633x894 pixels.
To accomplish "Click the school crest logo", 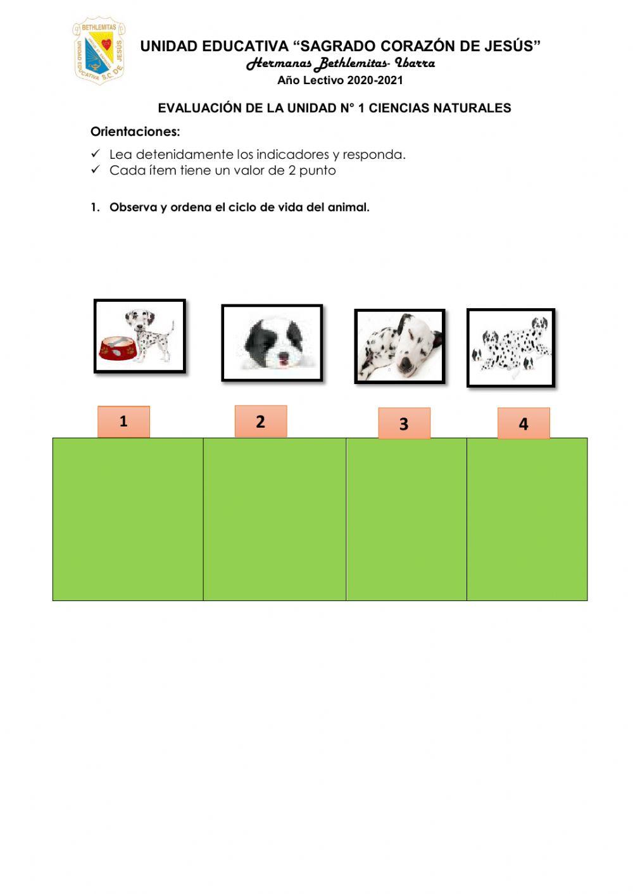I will point(99,51).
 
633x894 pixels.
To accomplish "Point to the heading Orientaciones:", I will point(135,132).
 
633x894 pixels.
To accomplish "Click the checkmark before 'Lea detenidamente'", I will point(96,154).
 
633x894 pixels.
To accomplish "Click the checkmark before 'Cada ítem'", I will point(96,170).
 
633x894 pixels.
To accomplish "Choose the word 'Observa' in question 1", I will point(133,208).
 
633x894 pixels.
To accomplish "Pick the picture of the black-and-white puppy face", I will point(272,343).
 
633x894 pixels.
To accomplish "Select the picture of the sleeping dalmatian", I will point(399,346).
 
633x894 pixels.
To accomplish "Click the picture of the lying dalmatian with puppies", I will point(511,347).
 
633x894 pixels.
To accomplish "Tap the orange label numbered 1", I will point(123,421).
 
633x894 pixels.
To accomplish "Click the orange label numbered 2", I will point(261,421).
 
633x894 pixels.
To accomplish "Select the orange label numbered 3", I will point(404,423).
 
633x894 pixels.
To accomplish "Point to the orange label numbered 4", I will point(523,423).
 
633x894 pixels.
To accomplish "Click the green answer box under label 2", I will point(275,519).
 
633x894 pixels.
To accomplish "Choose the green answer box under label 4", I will point(527,519).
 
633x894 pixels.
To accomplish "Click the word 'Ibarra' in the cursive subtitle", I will point(415,63).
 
